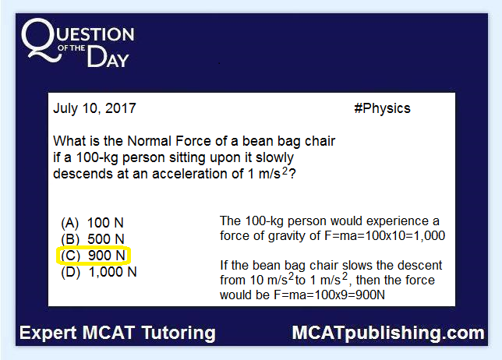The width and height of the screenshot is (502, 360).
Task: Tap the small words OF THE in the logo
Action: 71,48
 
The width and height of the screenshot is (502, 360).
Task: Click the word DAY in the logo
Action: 108,57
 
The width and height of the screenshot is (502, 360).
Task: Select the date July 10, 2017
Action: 94,108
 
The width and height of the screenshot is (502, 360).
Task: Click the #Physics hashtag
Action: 382,108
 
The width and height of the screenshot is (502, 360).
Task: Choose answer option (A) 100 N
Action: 92,223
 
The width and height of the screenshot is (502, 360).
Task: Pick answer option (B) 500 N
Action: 93,239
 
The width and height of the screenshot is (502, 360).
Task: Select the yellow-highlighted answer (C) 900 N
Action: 94,256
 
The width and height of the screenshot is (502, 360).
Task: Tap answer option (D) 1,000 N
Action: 98,272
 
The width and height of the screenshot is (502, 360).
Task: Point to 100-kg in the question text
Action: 97,157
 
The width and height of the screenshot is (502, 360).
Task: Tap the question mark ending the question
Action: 292,174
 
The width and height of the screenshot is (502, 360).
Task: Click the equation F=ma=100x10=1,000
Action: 385,235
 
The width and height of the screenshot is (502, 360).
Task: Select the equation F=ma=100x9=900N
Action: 329,295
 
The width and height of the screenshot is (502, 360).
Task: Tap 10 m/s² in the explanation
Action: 272,279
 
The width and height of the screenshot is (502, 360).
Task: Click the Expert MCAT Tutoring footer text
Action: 118,334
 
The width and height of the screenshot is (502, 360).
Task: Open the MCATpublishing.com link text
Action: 388,334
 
